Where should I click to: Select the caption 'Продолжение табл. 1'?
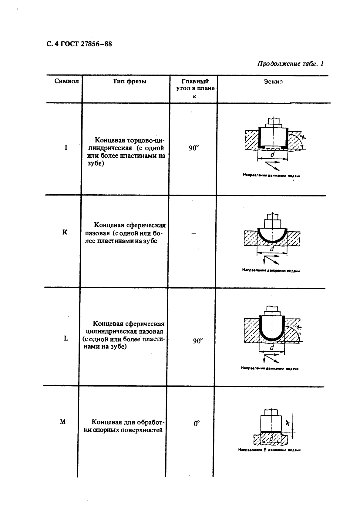tap(291, 64)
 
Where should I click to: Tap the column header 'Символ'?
tap(66, 81)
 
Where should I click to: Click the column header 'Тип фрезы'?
tap(130, 81)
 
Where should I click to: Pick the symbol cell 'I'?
tap(66, 148)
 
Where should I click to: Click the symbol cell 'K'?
tap(65, 233)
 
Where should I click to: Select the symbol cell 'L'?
tap(66, 338)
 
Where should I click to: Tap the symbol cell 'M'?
tap(63, 422)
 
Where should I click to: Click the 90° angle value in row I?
tap(194, 148)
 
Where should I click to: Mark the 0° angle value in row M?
tap(197, 423)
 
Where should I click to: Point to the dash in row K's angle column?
tap(194, 233)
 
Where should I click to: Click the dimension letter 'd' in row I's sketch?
tap(272, 154)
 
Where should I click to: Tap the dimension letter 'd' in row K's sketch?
tap(272, 249)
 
